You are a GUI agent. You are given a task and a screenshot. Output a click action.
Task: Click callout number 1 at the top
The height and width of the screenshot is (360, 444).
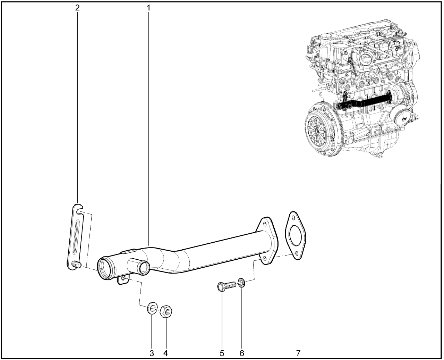[x=148, y=8]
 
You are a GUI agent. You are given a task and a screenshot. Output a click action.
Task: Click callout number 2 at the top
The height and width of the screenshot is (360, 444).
[x=77, y=8]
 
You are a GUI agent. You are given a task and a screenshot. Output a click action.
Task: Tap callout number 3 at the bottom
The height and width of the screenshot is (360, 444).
[x=152, y=353]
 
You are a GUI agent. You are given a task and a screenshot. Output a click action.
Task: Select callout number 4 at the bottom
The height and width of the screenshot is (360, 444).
[x=165, y=353]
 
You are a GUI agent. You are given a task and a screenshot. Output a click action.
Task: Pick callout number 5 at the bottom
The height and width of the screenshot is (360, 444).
[x=222, y=353]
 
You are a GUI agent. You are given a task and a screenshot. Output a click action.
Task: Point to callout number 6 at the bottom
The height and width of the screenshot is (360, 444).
[x=241, y=353]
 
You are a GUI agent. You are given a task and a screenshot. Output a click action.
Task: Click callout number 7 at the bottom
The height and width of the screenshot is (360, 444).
[x=298, y=353]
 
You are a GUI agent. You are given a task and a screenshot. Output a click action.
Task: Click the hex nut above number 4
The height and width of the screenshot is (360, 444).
[x=166, y=312]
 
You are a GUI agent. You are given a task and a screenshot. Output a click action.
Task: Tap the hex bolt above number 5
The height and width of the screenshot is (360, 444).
[x=227, y=286]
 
